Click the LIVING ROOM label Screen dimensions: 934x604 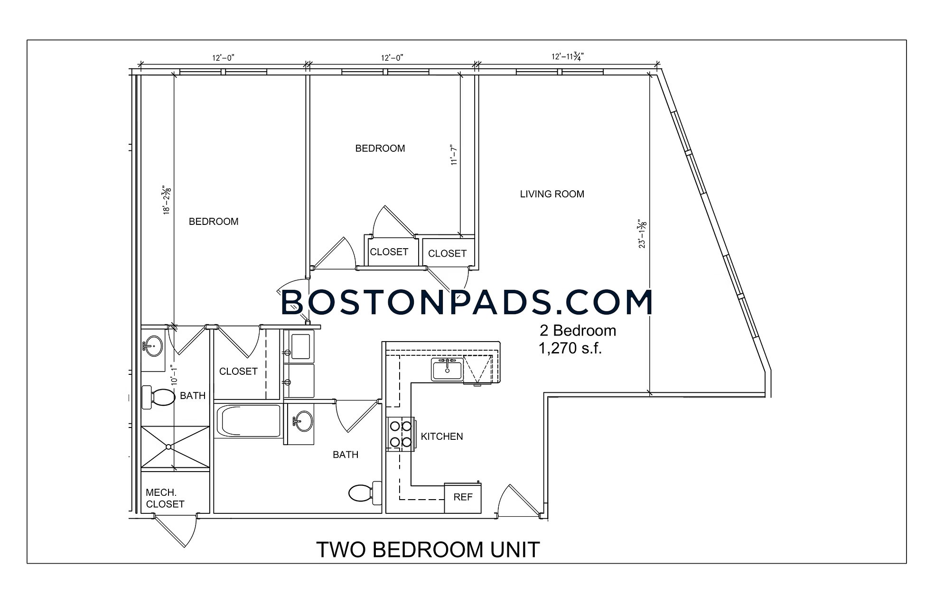(552, 194)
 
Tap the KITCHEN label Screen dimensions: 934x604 (442, 437)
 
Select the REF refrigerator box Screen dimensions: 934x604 (463, 498)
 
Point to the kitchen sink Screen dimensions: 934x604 (447, 369)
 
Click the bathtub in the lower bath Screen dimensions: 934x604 (248, 421)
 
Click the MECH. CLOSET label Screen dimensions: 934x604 (165, 499)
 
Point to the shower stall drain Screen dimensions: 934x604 (168, 446)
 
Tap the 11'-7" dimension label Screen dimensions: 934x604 (454, 155)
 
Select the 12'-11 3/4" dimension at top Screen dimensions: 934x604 (567, 56)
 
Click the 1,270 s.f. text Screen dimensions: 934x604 (570, 349)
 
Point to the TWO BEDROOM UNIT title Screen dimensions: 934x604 (428, 549)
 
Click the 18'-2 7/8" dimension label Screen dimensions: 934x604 (167, 200)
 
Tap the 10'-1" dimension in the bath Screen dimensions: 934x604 (175, 374)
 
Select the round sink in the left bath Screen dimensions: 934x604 (153, 346)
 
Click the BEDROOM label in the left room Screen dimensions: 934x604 (214, 222)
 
